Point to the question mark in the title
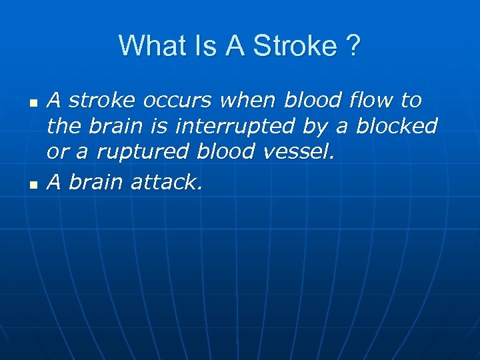[353, 46]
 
